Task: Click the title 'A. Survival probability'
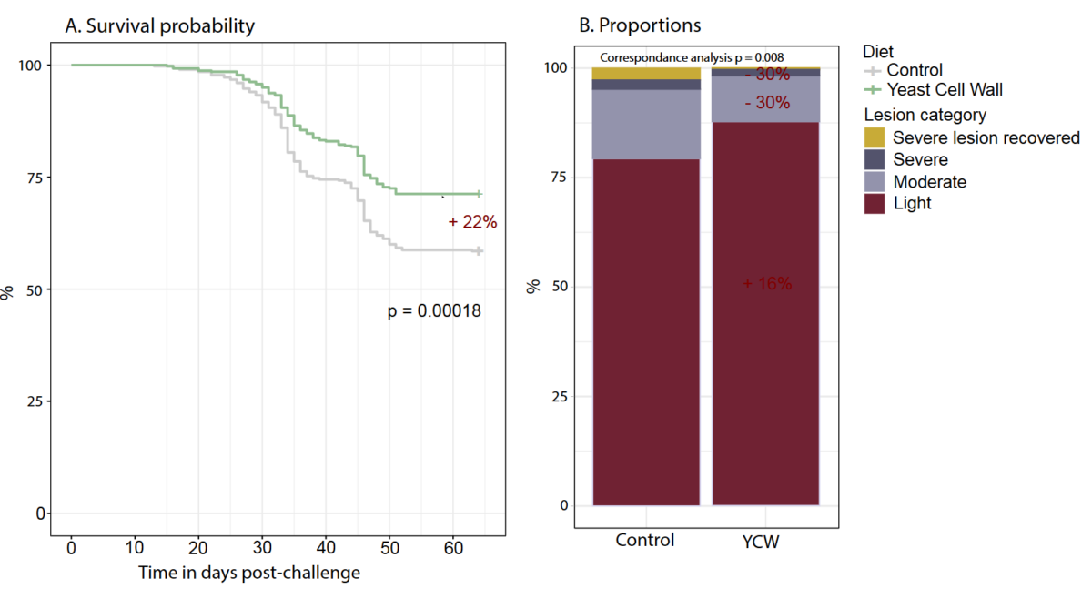point(159,25)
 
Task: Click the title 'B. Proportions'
point(640,25)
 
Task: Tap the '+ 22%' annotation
point(472,221)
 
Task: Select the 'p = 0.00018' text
point(434,311)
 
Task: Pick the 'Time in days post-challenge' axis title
point(248,573)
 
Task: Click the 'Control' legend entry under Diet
point(915,70)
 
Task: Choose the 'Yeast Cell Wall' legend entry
point(945,89)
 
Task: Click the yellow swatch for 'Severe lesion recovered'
point(875,137)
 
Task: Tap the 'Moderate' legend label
point(929,182)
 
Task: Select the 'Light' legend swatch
point(875,203)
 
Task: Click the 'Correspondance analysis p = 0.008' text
point(692,56)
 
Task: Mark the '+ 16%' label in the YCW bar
point(767,284)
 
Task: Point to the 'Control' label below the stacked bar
point(645,540)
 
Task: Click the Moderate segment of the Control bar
point(646,124)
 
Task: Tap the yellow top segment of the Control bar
point(646,73)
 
